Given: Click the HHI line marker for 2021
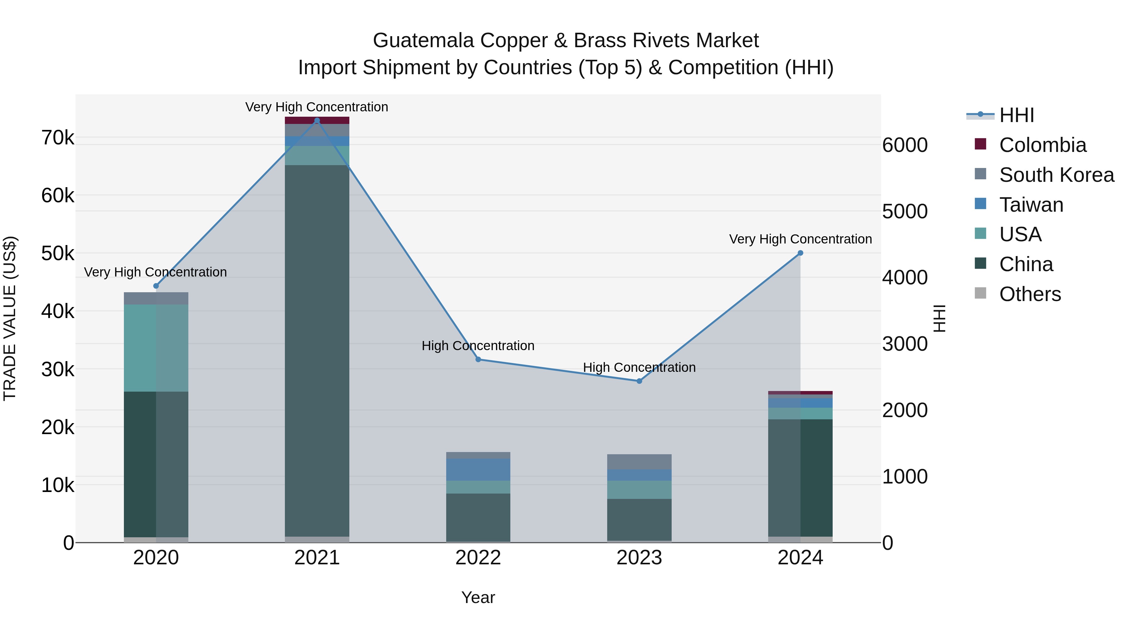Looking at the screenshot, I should [317, 120].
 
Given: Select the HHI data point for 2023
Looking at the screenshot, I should [639, 381].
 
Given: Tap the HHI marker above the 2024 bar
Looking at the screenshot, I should [800, 253].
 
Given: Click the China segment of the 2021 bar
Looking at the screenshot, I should [317, 352].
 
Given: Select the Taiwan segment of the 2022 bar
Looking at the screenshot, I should [478, 470].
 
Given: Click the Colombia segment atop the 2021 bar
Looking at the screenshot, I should [317, 120].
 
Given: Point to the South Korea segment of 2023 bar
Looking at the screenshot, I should [639, 461].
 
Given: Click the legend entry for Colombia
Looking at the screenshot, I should [1042, 145].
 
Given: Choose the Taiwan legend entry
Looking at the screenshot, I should [1031, 205].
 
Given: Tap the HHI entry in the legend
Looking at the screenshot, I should [1016, 115].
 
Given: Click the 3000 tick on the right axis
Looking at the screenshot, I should [905, 344].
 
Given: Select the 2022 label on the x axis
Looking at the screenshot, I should [478, 558].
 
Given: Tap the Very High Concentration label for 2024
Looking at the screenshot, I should [800, 239].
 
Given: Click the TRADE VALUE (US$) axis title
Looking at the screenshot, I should [10, 318].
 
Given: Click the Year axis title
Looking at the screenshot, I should [478, 597].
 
